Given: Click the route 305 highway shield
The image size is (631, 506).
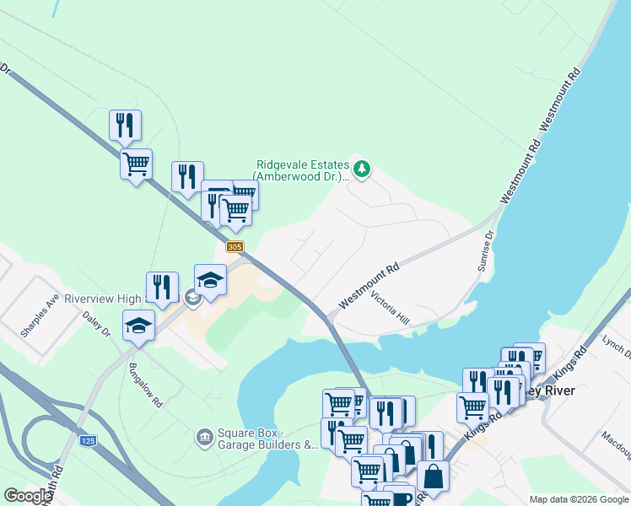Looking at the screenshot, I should tap(235, 246).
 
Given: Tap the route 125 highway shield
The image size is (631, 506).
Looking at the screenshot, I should tap(89, 440).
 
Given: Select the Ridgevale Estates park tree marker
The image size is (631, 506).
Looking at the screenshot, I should tap(362, 169).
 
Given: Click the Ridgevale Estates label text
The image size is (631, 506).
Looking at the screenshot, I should tap(300, 170).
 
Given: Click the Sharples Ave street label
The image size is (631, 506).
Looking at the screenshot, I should tap(40, 316).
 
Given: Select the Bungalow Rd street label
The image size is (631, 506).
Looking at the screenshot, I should tap(145, 385).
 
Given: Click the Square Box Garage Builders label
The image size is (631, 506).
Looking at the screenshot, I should tap(267, 439).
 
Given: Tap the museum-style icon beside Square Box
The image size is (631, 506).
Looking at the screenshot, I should tap(204, 437).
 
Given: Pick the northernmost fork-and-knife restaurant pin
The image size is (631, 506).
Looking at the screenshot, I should tap(125, 125).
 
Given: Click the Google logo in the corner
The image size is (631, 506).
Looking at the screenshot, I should tap(28, 496).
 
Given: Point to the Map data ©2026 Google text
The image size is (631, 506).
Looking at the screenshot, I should tap(579, 499).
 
